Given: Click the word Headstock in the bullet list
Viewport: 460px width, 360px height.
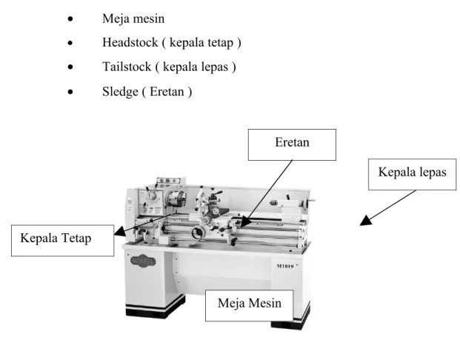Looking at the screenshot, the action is [x=130, y=42].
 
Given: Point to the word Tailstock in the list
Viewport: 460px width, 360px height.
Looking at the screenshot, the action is [x=127, y=67].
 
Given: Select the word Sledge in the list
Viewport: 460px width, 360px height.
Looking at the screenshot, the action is [x=120, y=92].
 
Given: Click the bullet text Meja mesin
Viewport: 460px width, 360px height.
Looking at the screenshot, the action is [x=133, y=19].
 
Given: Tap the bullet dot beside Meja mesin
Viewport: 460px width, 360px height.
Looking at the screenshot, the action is [x=70, y=19].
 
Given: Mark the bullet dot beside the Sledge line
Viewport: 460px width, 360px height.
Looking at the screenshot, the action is [x=70, y=92].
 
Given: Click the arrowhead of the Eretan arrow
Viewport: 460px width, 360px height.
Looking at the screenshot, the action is [x=246, y=222].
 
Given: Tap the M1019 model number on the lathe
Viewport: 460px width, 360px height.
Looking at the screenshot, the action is [x=285, y=266].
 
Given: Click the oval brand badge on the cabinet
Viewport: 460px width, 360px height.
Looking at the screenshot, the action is [x=143, y=261].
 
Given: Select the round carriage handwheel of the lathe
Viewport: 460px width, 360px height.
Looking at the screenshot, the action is [x=199, y=233].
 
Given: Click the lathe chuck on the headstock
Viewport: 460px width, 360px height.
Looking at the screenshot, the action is [x=176, y=199].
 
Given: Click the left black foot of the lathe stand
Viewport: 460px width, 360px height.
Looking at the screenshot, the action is [x=156, y=309].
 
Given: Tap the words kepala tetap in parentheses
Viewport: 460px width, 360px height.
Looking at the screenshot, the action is [x=201, y=42].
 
